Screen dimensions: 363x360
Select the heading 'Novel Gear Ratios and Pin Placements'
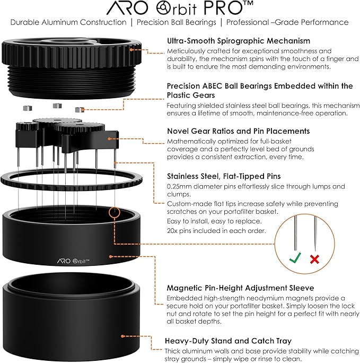pos(239,131)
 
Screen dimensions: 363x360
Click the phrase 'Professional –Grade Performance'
pos(287,22)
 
